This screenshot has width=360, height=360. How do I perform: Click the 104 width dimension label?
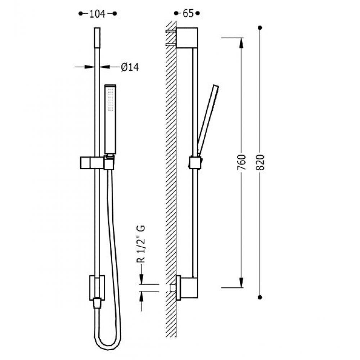(x=97, y=14)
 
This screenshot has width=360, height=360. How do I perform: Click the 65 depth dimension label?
(x=188, y=13)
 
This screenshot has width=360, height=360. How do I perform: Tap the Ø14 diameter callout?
(x=130, y=67)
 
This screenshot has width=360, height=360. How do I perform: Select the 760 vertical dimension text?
(x=241, y=162)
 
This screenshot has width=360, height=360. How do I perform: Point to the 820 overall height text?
(x=260, y=162)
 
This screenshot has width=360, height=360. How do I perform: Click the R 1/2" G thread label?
(x=141, y=244)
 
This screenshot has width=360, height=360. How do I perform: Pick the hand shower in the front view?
(x=110, y=119)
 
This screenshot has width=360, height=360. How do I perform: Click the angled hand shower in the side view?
(x=208, y=120)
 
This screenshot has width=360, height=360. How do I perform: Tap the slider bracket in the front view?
(x=97, y=163)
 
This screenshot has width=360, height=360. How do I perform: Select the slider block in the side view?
(x=195, y=163)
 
